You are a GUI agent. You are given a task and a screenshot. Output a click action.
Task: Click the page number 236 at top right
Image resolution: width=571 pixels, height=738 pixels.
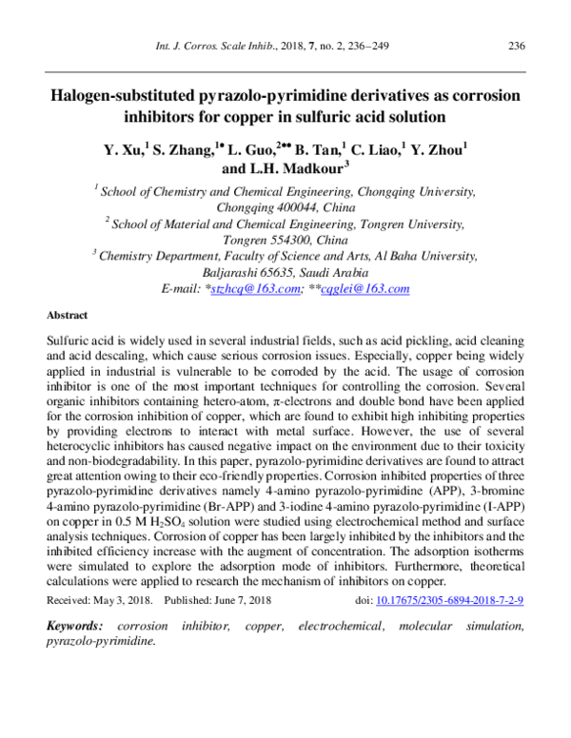[x=518, y=47]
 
